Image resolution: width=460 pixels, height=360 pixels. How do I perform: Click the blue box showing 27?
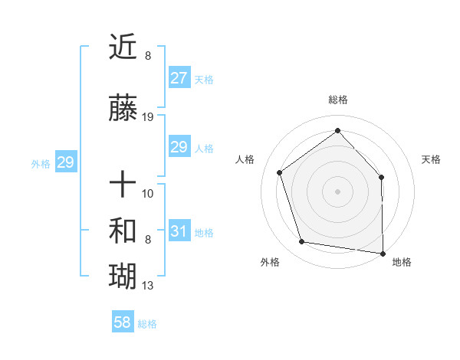[179, 78]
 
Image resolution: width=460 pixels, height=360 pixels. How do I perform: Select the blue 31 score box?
[179, 231]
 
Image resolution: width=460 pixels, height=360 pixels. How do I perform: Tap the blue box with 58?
[123, 322]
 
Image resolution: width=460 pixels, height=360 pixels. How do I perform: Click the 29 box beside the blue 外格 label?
[65, 162]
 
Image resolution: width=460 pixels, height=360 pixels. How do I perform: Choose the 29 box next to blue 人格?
[179, 147]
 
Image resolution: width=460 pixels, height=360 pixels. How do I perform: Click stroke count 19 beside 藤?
[148, 117]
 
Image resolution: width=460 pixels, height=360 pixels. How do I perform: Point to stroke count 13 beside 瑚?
[148, 286]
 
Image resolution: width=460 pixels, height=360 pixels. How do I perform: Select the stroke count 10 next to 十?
[148, 193]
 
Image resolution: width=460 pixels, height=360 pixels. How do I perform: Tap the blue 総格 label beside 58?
[147, 324]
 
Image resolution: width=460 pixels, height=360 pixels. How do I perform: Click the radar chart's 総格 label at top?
[337, 100]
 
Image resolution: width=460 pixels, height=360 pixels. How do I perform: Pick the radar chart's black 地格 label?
[402, 262]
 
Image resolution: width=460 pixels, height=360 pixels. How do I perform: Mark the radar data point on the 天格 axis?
[382, 177]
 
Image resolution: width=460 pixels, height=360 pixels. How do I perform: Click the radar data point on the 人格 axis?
[280, 172]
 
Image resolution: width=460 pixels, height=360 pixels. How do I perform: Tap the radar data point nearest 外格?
[302, 242]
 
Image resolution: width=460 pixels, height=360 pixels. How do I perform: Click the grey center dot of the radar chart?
[337, 191]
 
